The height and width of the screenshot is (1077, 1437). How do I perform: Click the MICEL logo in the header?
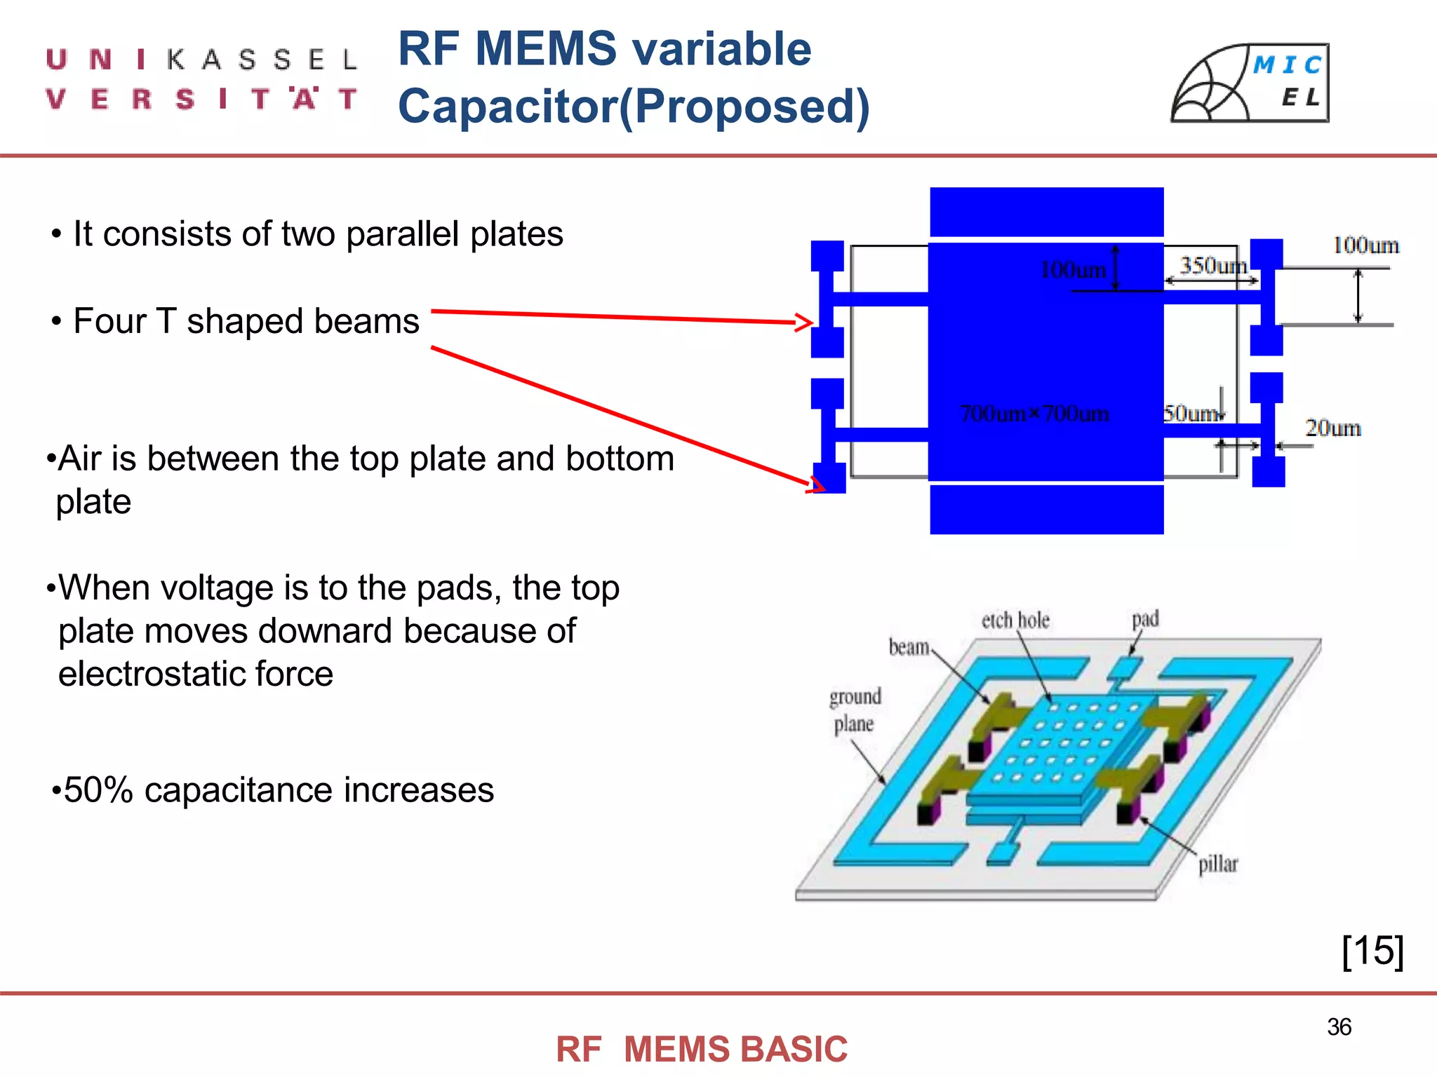coord(1250,83)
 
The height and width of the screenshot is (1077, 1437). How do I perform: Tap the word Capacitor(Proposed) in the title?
coord(634,107)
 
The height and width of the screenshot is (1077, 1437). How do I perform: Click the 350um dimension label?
coord(1212,266)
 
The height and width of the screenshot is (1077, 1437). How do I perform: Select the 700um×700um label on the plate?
coord(1034,414)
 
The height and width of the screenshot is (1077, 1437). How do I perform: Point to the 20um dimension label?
coord(1332,428)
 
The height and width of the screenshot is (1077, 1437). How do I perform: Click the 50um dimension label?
coord(1190,413)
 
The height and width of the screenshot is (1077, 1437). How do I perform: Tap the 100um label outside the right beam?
coord(1365,245)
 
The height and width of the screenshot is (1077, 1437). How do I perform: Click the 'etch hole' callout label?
coord(1015,620)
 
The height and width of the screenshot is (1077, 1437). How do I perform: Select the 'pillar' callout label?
coord(1217,864)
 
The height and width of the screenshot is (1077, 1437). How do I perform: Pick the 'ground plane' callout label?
coord(855,710)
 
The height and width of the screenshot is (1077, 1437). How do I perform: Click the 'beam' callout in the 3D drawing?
coord(909,646)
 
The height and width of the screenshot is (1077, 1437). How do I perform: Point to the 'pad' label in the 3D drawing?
coord(1145,618)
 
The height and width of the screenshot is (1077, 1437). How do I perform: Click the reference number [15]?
coord(1372,951)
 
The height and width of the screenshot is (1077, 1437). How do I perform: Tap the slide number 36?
coord(1339,1027)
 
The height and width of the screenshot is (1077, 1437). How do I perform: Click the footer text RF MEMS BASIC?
coord(702,1049)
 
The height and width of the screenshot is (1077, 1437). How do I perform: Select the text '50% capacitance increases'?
coord(278,790)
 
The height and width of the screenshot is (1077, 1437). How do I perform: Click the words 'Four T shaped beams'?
coord(246,321)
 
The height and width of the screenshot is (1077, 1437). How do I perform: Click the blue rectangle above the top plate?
coord(1046,212)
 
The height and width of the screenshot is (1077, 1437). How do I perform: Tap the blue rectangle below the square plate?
coord(1046,510)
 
